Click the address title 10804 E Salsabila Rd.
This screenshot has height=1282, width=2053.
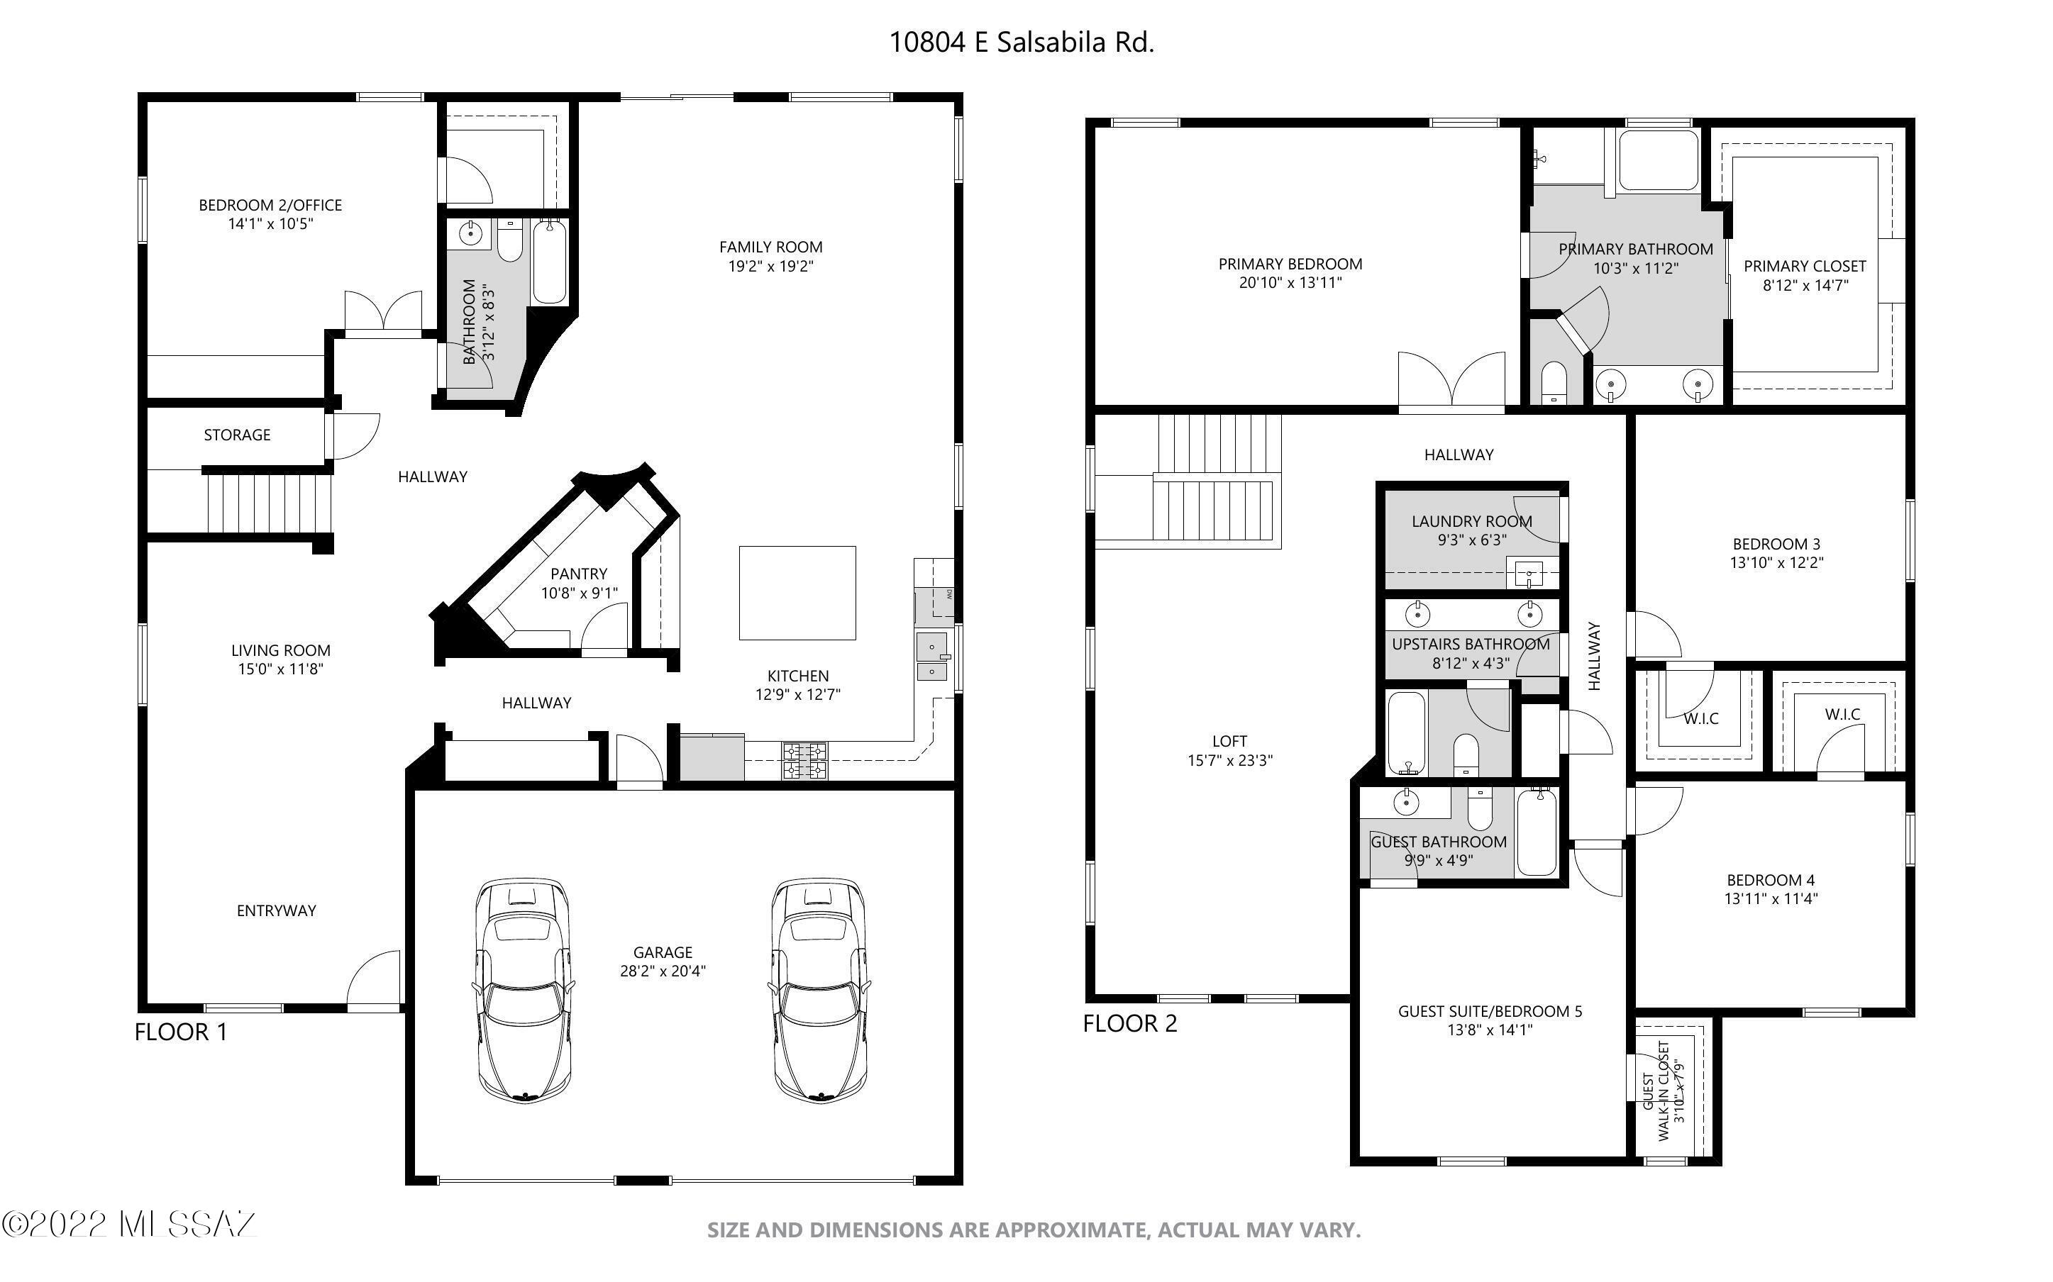pyautogui.click(x=1021, y=43)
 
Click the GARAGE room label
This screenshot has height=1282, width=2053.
pyautogui.click(x=663, y=952)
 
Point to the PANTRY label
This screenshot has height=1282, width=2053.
pyautogui.click(x=579, y=574)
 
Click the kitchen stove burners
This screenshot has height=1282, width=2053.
pyautogui.click(x=804, y=761)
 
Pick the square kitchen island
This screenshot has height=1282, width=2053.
pyautogui.click(x=797, y=593)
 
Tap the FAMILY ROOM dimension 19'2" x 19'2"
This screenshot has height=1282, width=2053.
pyautogui.click(x=771, y=266)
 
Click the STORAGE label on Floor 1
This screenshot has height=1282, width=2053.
pyautogui.click(x=238, y=435)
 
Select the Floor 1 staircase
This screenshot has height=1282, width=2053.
pyautogui.click(x=268, y=503)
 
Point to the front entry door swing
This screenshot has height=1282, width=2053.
pyautogui.click(x=374, y=979)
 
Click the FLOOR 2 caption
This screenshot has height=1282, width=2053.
pyautogui.click(x=1130, y=1023)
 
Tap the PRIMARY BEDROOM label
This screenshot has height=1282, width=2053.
pyautogui.click(x=1290, y=264)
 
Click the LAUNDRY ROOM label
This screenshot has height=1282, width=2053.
pyautogui.click(x=1472, y=521)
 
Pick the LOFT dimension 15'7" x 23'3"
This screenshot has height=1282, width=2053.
pyautogui.click(x=1229, y=761)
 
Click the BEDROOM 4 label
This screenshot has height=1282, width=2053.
pyautogui.click(x=1771, y=880)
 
